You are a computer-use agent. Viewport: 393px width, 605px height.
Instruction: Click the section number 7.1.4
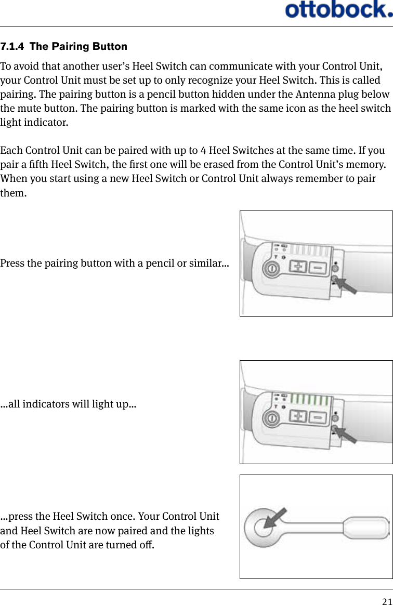pos(14,47)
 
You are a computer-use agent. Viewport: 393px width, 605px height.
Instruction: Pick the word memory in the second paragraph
pos(366,165)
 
